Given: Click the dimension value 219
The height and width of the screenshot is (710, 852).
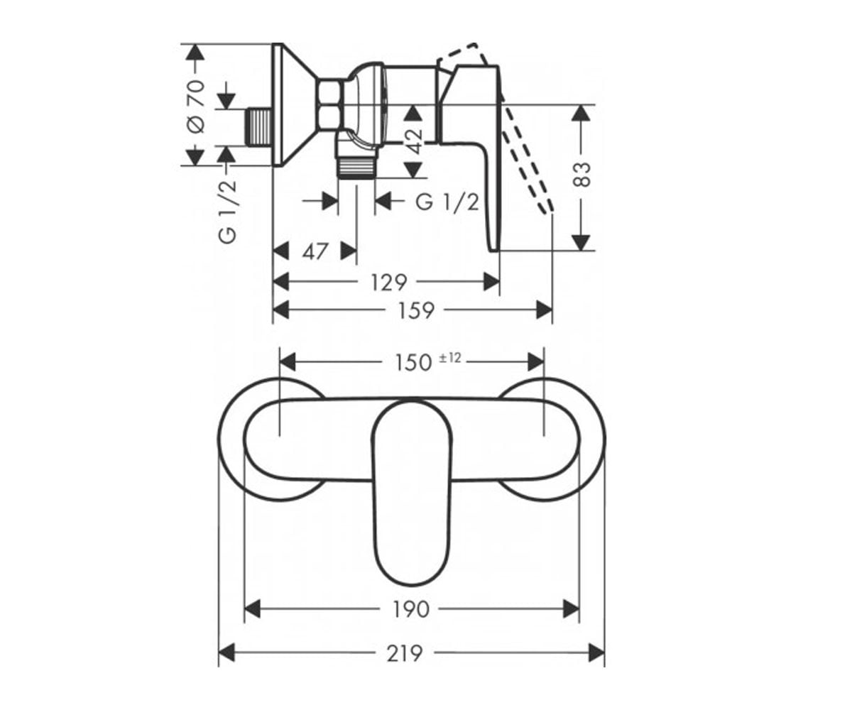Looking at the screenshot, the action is (x=405, y=654).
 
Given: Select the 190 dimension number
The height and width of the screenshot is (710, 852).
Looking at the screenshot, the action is (x=411, y=610).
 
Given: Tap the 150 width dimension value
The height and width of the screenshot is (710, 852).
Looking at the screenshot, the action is (x=413, y=363).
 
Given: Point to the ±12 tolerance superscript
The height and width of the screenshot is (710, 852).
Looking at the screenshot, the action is (x=450, y=358).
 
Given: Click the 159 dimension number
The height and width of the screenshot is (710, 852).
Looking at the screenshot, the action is (x=416, y=310).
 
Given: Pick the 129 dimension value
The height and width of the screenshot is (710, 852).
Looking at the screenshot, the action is (x=389, y=283).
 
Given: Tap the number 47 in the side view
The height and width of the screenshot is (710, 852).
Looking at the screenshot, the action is (x=315, y=251).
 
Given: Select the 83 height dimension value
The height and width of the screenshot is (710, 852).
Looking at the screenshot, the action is (x=582, y=175).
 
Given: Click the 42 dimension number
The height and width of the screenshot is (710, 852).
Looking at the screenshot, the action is (x=414, y=141).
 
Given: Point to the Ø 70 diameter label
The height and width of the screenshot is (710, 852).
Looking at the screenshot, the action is (x=196, y=106).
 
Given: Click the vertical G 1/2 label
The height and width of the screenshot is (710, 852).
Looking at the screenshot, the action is (x=228, y=212).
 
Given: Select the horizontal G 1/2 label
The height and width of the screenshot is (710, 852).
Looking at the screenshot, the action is (x=447, y=202).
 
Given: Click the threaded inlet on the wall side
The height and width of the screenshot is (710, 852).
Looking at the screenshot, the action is (x=260, y=126).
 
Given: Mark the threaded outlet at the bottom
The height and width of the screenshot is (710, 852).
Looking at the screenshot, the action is (x=356, y=168).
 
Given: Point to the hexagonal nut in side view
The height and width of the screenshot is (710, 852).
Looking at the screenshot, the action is (x=331, y=106).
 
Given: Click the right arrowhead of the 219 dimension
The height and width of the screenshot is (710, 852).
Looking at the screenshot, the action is (x=596, y=654).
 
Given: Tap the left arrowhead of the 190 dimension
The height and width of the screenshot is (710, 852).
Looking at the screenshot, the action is (x=253, y=610).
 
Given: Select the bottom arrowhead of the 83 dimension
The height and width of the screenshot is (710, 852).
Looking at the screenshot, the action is (x=581, y=243).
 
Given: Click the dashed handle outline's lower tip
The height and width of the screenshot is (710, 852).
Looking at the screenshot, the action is (x=547, y=211).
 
